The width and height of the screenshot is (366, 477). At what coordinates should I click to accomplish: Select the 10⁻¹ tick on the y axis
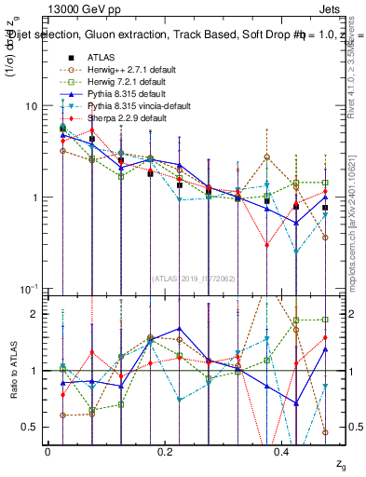tap(33, 289)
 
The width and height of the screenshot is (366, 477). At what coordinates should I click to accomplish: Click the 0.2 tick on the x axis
tap(165, 452)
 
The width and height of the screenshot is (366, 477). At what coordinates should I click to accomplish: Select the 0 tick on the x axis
tap(47, 452)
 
